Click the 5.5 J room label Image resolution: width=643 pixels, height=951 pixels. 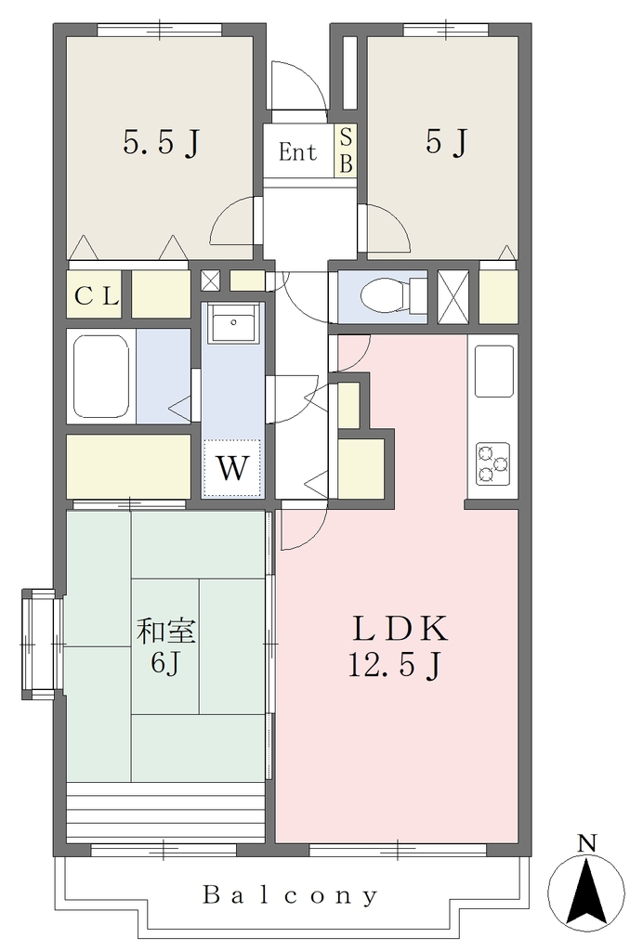click(x=162, y=143)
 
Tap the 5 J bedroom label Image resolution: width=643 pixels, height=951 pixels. click(x=446, y=142)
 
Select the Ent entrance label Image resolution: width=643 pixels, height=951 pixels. click(x=297, y=151)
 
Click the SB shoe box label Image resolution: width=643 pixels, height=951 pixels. click(x=345, y=150)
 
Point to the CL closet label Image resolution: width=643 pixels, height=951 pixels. click(x=96, y=296)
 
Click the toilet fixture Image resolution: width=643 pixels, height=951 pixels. click(x=394, y=296)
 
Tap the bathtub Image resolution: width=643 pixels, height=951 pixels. click(x=101, y=376)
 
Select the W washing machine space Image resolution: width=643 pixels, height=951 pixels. click(x=232, y=468)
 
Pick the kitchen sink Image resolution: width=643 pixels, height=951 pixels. click(x=494, y=371)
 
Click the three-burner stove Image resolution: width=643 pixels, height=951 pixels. click(x=492, y=464)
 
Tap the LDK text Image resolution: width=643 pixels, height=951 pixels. click(x=400, y=629)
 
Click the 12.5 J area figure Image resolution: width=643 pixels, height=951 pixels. click(x=394, y=665)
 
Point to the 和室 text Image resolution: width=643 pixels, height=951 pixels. click(x=165, y=632)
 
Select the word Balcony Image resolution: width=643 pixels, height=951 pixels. click(x=290, y=895)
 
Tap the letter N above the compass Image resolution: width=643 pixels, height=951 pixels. click(x=586, y=843)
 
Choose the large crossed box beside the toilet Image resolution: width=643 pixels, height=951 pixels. click(x=453, y=296)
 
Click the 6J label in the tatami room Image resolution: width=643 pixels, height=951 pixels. click(x=165, y=664)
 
